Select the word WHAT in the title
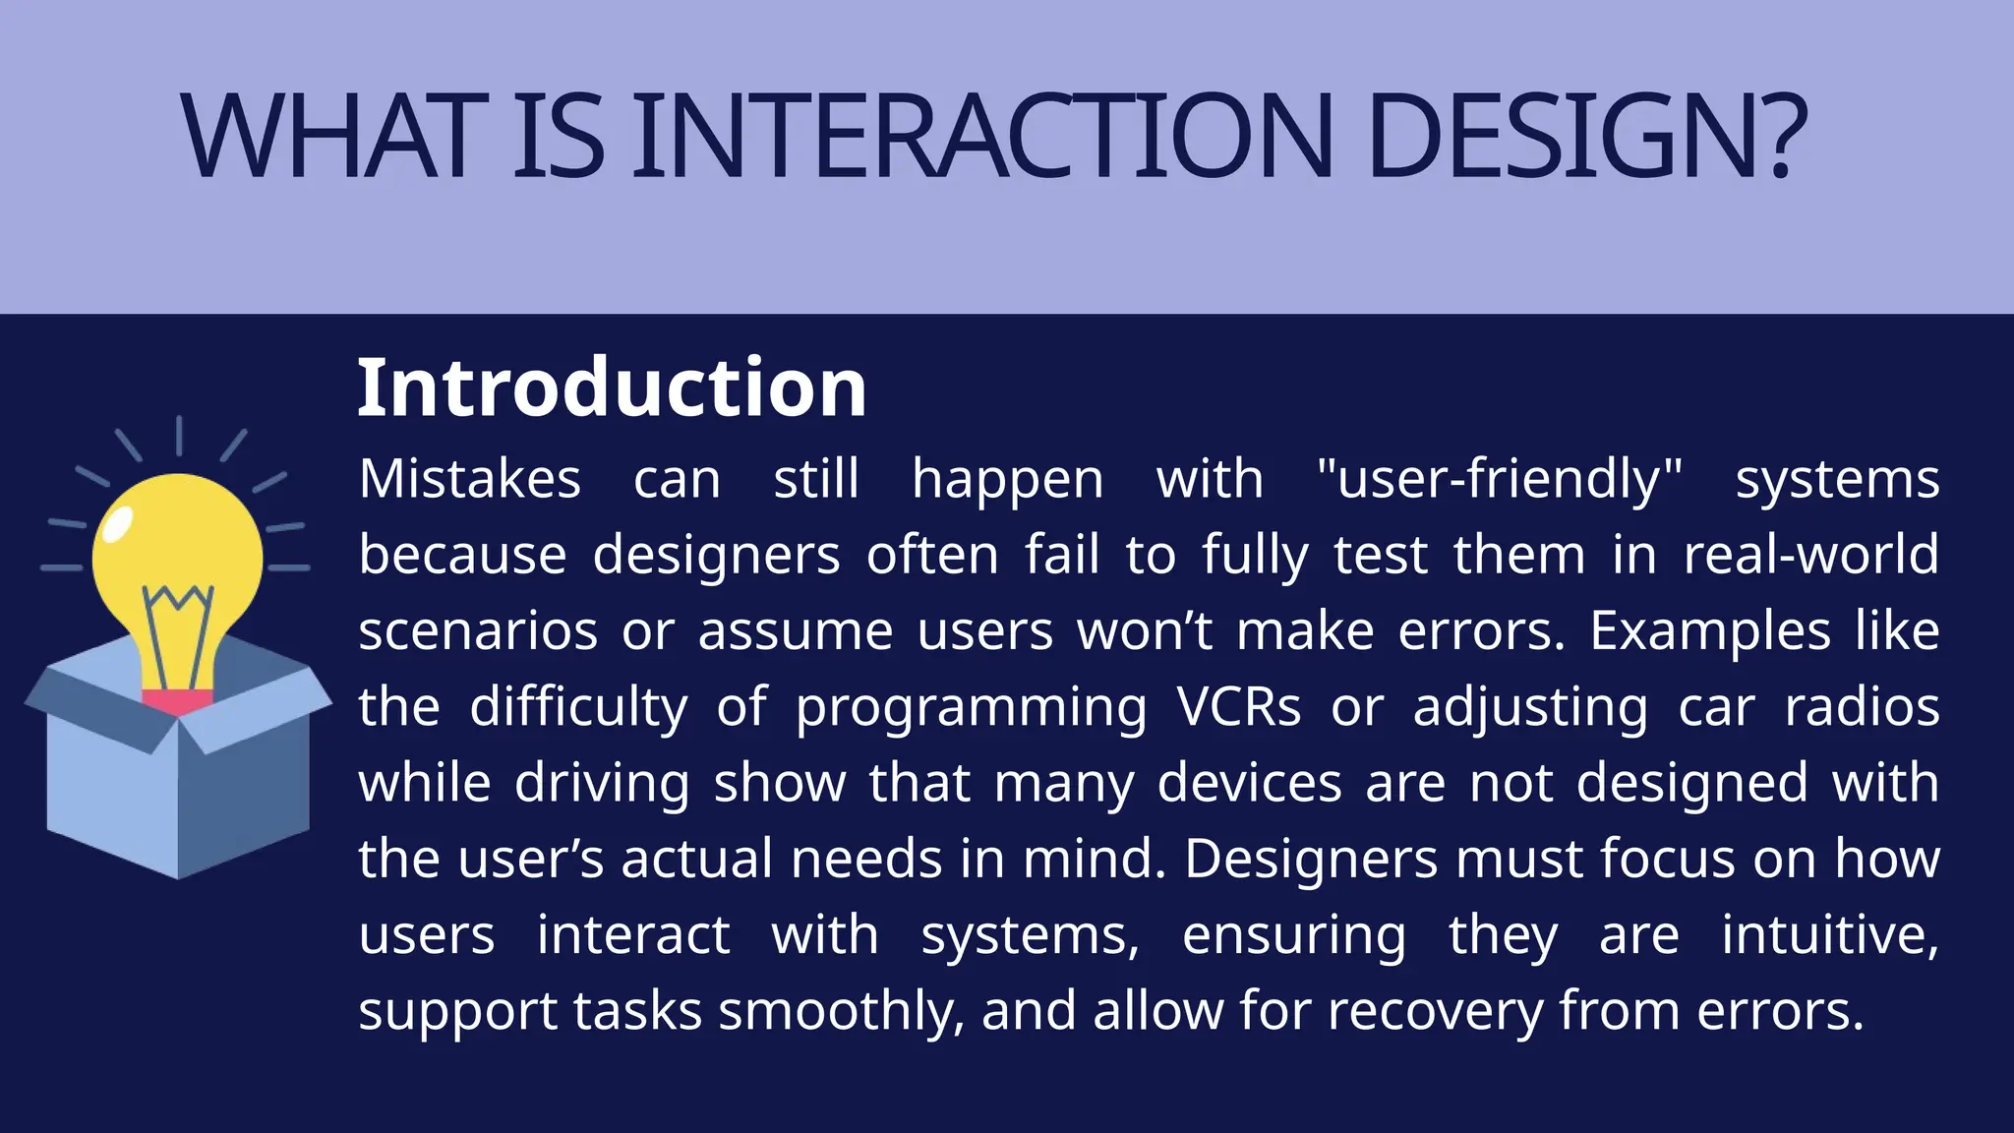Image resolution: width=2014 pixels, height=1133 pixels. (334, 138)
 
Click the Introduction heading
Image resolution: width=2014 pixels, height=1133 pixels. (611, 388)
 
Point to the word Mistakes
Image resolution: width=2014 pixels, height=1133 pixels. (470, 480)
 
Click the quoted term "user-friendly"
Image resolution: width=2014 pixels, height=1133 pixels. (1499, 480)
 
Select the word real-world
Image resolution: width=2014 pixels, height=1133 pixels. (1810, 555)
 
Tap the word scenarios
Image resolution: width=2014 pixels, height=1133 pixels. (478, 630)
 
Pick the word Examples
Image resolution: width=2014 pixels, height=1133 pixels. (1710, 630)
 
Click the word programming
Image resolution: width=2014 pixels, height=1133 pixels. (971, 708)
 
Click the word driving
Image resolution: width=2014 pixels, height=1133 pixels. (602, 784)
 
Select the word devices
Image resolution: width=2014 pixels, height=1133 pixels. (1249, 783)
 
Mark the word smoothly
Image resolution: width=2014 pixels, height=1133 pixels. (841, 1012)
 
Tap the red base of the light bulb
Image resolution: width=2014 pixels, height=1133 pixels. (177, 702)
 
